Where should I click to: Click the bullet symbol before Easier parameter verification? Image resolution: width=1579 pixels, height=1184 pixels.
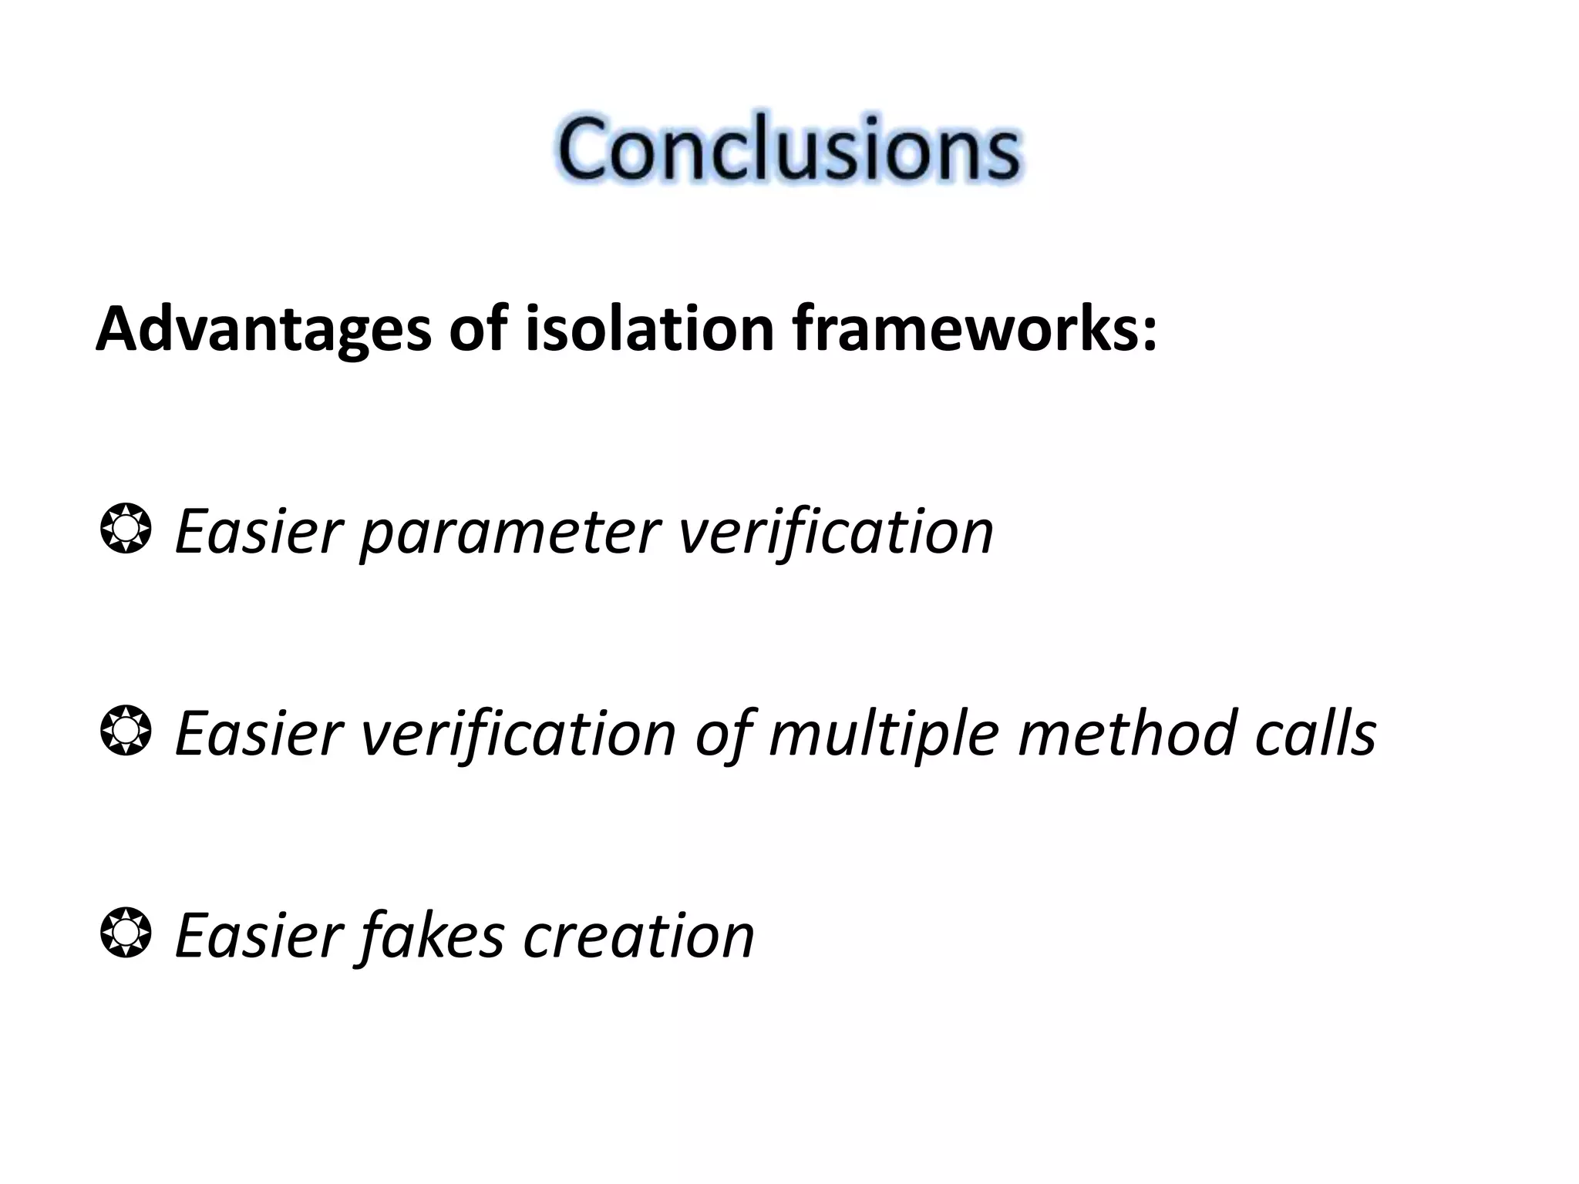125,529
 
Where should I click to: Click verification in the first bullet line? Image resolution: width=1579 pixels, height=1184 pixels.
836,532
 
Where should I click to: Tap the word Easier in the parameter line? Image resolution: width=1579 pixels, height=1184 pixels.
258,532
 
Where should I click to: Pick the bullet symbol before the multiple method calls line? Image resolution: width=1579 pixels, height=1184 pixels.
125,730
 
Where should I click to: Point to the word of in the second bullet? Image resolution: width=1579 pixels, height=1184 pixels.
722,734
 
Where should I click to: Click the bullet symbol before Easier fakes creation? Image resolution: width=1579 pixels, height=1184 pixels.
125,933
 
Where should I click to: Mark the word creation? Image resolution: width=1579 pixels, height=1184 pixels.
638,936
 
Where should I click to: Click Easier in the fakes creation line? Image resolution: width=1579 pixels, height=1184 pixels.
258,936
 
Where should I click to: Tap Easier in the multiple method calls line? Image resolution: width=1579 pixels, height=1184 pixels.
258,734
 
